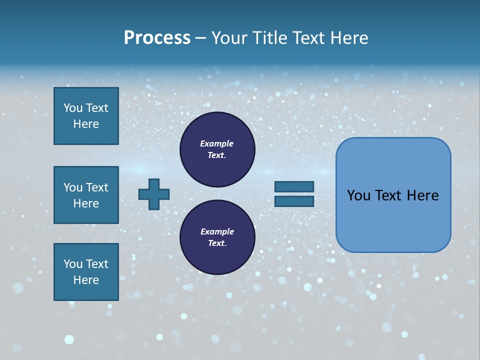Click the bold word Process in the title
tap(157, 38)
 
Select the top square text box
tap(86, 116)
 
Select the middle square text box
tap(86, 195)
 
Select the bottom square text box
tap(86, 272)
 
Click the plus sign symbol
tap(154, 194)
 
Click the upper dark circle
tap(217, 149)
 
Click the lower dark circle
tap(217, 237)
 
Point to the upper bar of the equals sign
tap(294, 186)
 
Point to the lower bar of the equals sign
tap(294, 201)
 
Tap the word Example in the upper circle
tap(217, 143)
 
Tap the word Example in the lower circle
tap(217, 231)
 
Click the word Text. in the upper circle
tap(217, 155)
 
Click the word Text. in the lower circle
tap(217, 243)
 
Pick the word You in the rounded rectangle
tap(358, 195)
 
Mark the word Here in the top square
tap(86, 124)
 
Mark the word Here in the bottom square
tap(86, 280)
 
